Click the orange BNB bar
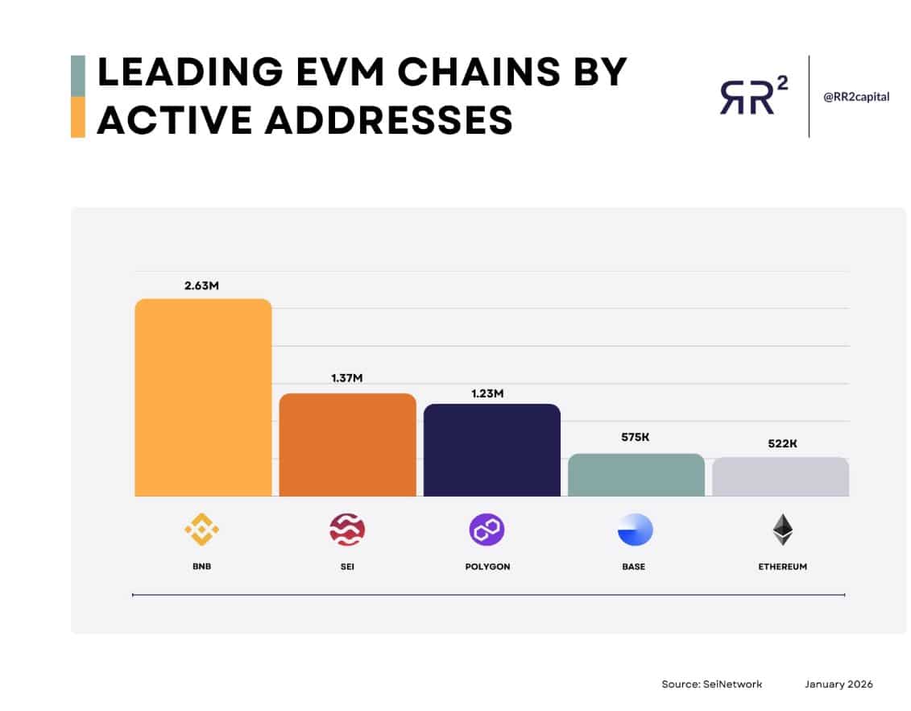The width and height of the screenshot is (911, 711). point(203,397)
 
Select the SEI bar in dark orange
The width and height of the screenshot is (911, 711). point(347,445)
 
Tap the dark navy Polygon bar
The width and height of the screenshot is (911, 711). point(491,450)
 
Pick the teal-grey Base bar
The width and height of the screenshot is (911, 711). point(636,475)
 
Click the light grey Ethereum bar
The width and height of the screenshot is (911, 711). point(780,476)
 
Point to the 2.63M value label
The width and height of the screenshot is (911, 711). point(201,285)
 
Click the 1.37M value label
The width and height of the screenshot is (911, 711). point(346,379)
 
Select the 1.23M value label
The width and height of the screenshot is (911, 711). point(487,393)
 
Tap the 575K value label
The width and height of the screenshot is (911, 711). point(635,437)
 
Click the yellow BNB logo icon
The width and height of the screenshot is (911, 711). point(201,530)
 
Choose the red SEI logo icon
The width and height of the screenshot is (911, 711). point(347,530)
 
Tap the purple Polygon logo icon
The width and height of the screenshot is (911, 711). point(487,530)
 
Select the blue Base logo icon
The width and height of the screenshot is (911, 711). point(635,530)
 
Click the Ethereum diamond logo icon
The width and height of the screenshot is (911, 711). point(781,530)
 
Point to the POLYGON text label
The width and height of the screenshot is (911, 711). point(487,567)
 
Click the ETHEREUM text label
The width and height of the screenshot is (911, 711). point(781,567)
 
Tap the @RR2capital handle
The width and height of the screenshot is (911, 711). point(856,97)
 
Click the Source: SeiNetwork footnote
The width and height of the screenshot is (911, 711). point(711,684)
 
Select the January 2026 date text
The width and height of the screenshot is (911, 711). point(838,684)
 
